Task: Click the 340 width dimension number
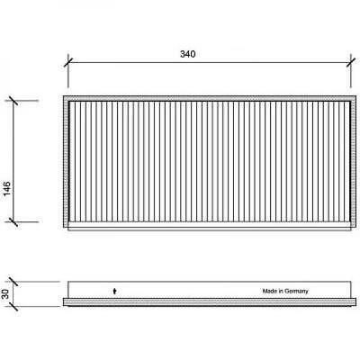(187, 54)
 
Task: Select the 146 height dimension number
(6, 188)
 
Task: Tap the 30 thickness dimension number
(5, 294)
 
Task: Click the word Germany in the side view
(296, 292)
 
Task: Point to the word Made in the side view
(269, 291)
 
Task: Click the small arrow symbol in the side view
(114, 291)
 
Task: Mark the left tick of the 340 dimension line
(68, 63)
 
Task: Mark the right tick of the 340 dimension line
(351, 63)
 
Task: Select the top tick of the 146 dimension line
(13, 101)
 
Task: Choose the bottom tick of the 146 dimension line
(13, 222)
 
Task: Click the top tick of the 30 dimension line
(13, 282)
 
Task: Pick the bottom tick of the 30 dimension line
(13, 307)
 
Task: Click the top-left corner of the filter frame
(64, 96)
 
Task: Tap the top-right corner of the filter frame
(355, 96)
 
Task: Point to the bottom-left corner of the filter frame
(64, 229)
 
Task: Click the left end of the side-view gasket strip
(63, 302)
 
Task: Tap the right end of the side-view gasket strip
(355, 302)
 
